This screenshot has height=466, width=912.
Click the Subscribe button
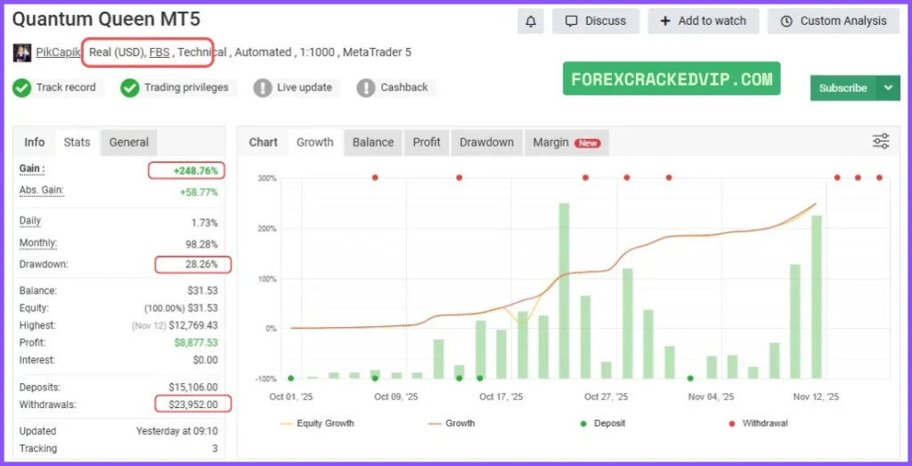(x=843, y=88)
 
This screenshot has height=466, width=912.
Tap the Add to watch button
(x=703, y=21)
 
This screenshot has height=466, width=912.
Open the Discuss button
(x=596, y=21)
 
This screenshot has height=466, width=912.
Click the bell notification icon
(x=532, y=21)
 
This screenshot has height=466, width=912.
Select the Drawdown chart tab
(x=486, y=143)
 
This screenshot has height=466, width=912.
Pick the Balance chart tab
(x=372, y=143)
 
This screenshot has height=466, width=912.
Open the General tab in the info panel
(x=129, y=143)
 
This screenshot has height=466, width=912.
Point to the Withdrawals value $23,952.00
(x=192, y=405)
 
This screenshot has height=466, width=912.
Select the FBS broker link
(x=159, y=53)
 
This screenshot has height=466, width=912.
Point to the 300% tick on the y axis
(x=267, y=178)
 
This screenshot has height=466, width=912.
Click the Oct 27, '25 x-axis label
(x=606, y=397)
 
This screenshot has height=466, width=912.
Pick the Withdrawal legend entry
(x=764, y=423)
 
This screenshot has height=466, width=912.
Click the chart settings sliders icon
(x=881, y=141)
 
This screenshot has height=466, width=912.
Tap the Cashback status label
(x=404, y=87)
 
